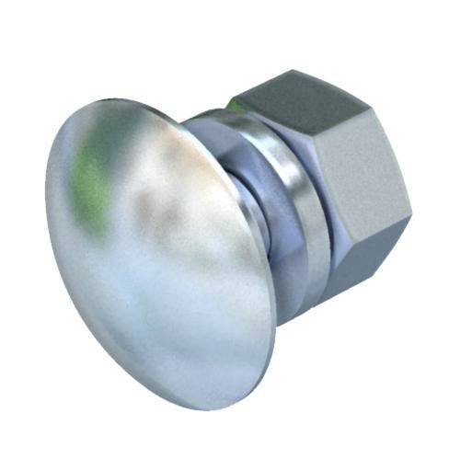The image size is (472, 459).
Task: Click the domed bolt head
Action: coord(156,248)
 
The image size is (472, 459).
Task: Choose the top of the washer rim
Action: coord(221,114)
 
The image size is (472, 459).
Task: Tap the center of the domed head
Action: coord(152,253)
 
